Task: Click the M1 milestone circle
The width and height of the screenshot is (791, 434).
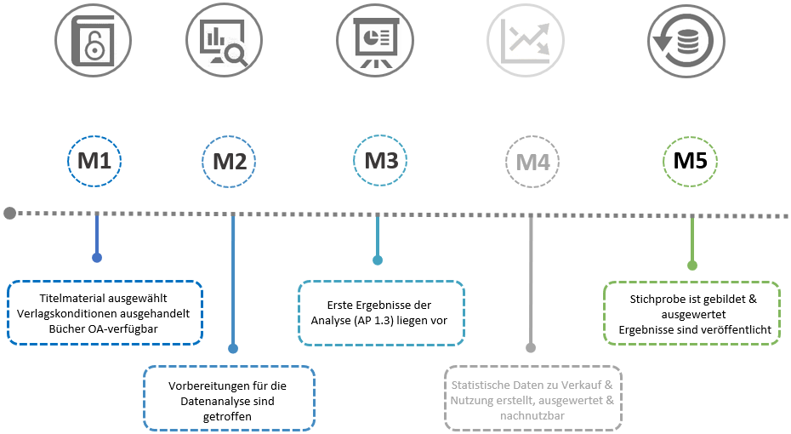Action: pos(95,160)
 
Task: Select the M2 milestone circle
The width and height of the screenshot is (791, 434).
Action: pos(230,161)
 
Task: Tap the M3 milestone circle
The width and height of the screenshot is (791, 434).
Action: pos(381,159)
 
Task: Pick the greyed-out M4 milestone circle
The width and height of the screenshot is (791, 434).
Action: pos(532,161)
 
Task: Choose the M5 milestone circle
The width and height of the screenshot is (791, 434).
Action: pos(691,160)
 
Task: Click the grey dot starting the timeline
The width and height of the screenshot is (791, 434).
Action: pos(9,213)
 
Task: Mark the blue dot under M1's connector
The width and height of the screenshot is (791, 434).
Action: pos(97,257)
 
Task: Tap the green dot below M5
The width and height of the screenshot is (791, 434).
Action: pos(692,266)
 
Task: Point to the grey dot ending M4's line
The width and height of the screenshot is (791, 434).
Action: pos(531,347)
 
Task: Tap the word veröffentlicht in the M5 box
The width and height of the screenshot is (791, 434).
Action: pos(732,328)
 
